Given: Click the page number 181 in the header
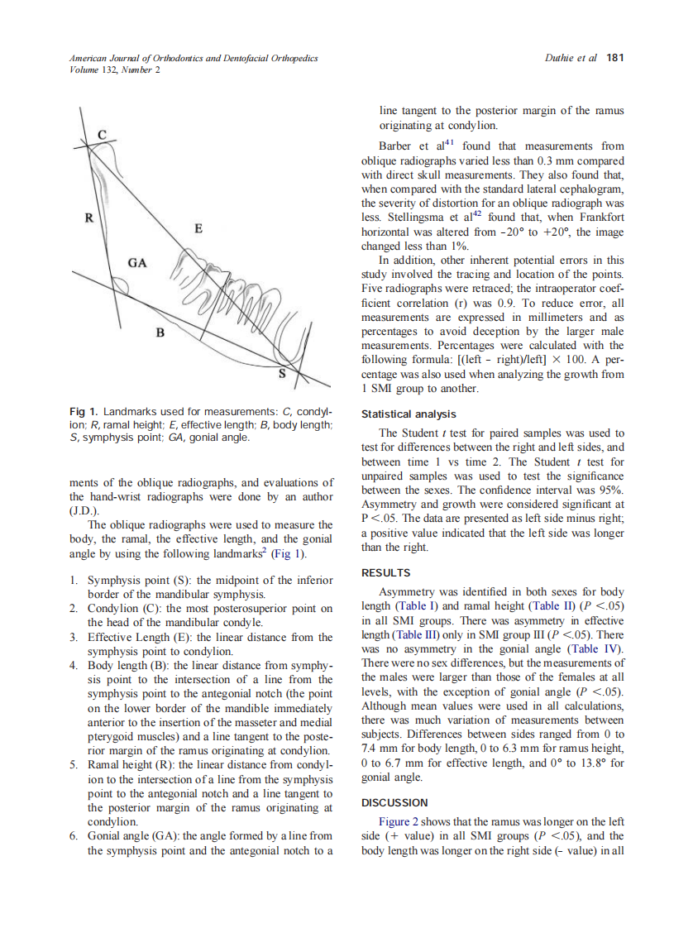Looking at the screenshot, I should [x=614, y=58].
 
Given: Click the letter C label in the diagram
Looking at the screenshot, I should [x=102, y=135].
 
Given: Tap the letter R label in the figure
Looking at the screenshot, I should [x=88, y=218].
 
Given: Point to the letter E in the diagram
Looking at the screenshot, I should [x=198, y=227].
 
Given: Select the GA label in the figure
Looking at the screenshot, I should [x=137, y=263].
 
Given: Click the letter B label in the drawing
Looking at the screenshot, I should [x=160, y=334].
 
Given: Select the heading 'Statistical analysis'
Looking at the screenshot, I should [x=409, y=414].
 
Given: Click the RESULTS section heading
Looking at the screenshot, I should [x=386, y=572].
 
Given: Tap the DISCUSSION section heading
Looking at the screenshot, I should [x=394, y=802].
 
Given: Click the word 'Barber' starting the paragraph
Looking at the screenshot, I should [x=395, y=146].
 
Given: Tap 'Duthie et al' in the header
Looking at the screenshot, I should [x=571, y=58].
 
